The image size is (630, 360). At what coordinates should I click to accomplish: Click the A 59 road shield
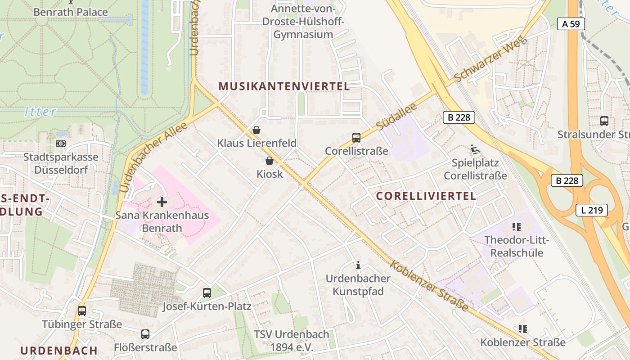[x=571, y=24]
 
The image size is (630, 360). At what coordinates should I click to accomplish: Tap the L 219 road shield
[x=591, y=210]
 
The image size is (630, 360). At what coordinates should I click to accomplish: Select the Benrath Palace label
[x=71, y=12]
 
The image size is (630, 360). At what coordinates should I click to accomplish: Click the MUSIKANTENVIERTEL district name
[x=284, y=86]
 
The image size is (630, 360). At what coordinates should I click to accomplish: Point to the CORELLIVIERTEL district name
[x=426, y=196]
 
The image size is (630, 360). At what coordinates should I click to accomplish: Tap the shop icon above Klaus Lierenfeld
[x=256, y=130]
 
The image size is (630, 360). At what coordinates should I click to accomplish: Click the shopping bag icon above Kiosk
[x=270, y=161]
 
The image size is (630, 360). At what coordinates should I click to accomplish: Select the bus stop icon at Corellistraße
[x=356, y=138]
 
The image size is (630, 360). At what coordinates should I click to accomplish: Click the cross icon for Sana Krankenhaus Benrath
[x=162, y=202]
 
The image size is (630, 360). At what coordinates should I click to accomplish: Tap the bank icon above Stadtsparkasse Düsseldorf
[x=60, y=144]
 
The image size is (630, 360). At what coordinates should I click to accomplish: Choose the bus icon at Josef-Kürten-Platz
[x=207, y=293]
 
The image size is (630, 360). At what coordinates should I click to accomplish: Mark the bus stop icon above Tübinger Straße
[x=82, y=311]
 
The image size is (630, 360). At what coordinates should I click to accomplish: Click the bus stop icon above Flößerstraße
[x=145, y=334]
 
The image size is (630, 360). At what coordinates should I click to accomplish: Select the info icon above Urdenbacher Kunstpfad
[x=358, y=265]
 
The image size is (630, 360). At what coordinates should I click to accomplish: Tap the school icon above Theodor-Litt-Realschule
[x=516, y=227]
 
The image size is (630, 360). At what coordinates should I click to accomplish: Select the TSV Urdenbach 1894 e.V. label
[x=291, y=341]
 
